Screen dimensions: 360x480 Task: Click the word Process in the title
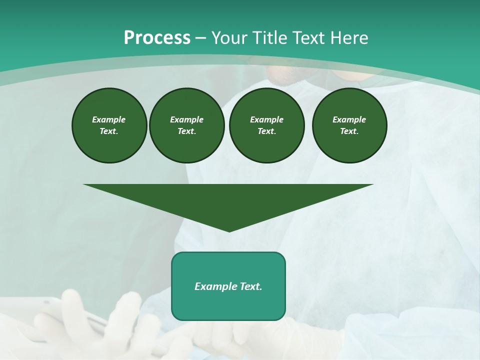(157, 38)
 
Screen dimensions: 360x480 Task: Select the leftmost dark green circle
(109, 125)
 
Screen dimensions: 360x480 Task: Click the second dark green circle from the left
(186, 125)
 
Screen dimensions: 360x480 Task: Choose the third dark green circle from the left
(266, 125)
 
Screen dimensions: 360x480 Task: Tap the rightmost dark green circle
(349, 125)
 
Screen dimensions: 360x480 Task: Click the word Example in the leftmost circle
(109, 119)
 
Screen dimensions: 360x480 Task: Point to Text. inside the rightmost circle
(349, 131)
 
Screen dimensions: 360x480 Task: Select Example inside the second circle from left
(186, 119)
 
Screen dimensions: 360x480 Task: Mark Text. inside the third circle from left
(266, 131)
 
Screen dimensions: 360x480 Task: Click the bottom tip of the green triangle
(229, 230)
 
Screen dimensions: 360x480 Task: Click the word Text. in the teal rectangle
(249, 286)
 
